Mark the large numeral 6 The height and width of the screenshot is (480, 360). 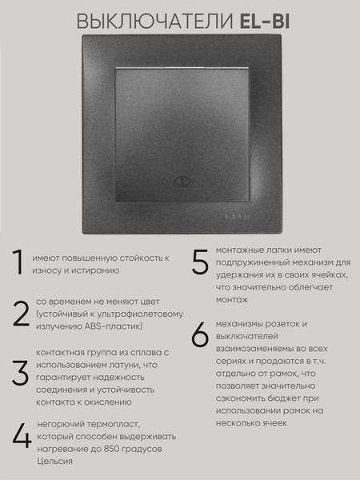(x=201, y=335)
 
